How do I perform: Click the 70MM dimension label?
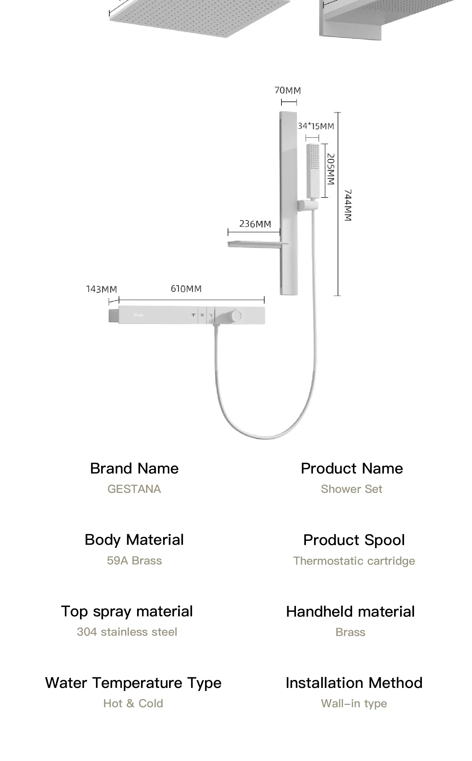coord(287,91)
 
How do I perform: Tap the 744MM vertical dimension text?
coord(348,205)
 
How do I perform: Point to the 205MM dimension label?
coord(331,169)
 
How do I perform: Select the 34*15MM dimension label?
coord(316,126)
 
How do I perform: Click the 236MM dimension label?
coord(255,224)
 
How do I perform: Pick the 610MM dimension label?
coord(186,288)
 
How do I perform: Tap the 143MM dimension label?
coord(101,289)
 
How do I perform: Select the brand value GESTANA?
coord(134,489)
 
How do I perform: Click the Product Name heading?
coord(352,468)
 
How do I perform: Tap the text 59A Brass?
coord(134,560)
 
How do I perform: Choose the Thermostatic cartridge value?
coord(354,561)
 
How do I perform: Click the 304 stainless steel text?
coord(127,632)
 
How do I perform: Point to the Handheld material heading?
coord(350,612)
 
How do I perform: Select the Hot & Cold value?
coord(133,703)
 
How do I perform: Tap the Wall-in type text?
coord(354,703)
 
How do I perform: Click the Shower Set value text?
coord(352,489)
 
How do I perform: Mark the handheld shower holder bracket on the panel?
coord(307,206)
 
